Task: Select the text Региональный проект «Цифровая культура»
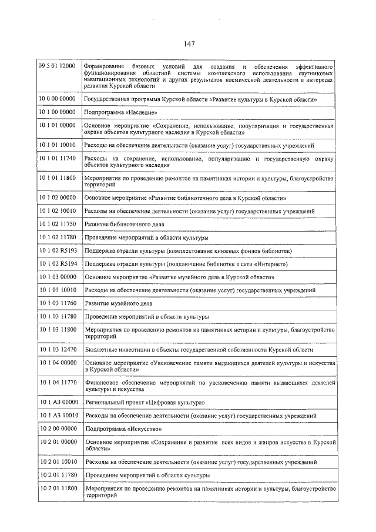[145, 403]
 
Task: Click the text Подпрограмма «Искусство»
[122, 429]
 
